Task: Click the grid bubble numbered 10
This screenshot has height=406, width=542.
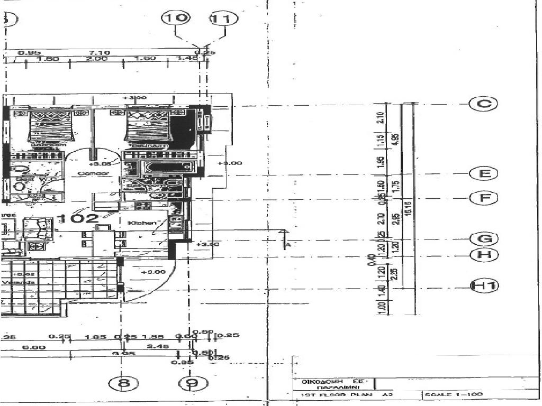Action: click(x=175, y=18)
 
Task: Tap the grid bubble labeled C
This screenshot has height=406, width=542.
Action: click(x=483, y=104)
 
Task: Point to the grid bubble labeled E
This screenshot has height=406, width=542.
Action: click(x=483, y=173)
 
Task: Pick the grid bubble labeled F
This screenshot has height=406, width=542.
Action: click(x=483, y=198)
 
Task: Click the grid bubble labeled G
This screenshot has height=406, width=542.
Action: click(x=483, y=239)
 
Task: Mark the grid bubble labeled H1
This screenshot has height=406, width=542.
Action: click(x=484, y=286)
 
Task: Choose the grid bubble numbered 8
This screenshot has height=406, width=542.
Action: click(x=123, y=383)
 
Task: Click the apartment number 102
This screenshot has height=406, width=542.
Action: click(x=78, y=218)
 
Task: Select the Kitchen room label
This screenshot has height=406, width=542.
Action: click(x=143, y=223)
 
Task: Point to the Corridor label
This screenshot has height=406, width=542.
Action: click(x=89, y=173)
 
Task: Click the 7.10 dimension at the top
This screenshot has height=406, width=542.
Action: click(x=100, y=52)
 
